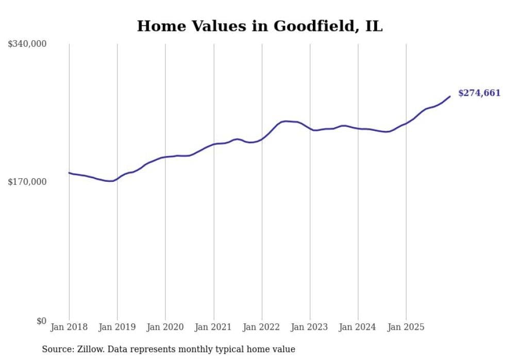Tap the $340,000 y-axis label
(27, 44)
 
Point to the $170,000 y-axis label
(27, 182)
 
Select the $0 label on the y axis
(41, 321)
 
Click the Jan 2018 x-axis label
(69, 327)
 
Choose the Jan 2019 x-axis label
(117, 327)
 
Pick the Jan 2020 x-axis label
(165, 327)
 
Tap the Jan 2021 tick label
(213, 327)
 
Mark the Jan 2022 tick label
(262, 327)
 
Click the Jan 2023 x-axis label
(310, 327)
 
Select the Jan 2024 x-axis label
(358, 327)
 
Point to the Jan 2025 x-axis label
(406, 327)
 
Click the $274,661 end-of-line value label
(479, 93)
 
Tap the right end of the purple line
(450, 96)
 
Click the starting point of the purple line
(70, 173)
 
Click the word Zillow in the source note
(89, 349)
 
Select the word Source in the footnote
(56, 349)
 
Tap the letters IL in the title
(374, 27)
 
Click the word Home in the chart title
(156, 27)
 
